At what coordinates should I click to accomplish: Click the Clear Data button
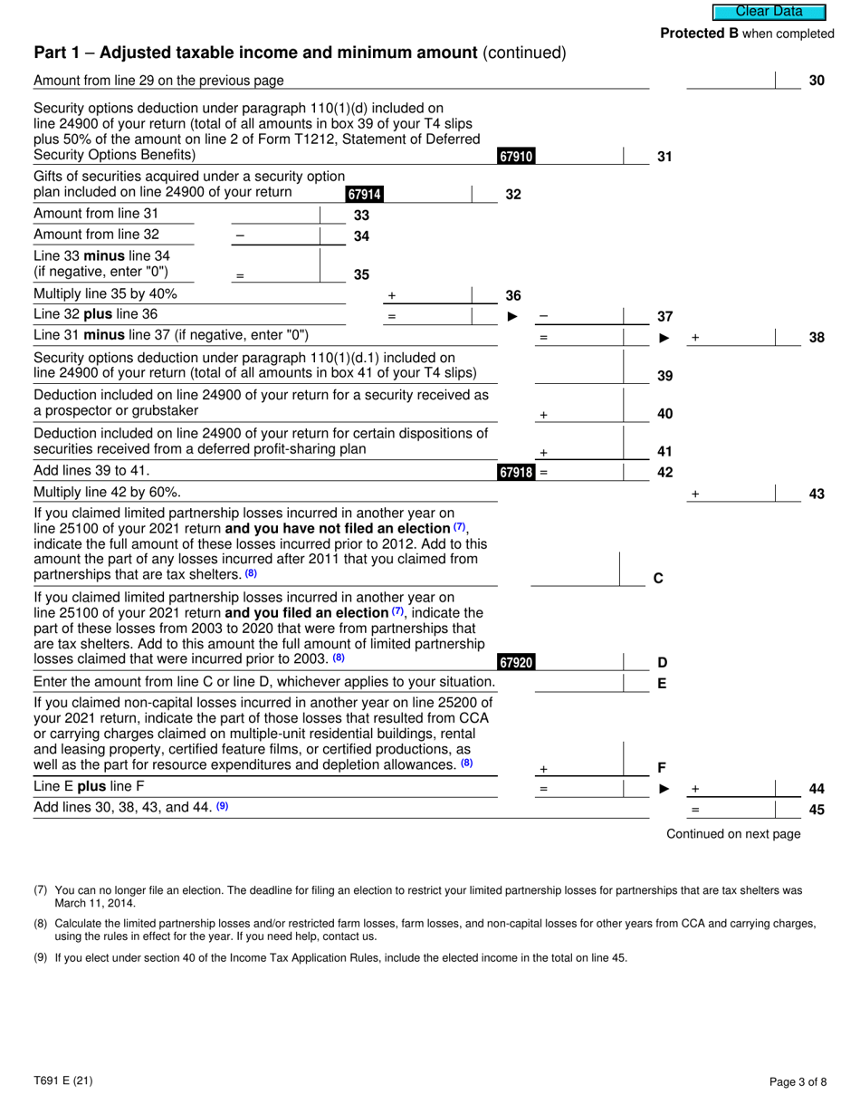pyautogui.click(x=769, y=12)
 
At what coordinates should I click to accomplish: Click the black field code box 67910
pyautogui.click(x=515, y=157)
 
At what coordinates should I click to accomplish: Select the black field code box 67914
pyautogui.click(x=364, y=194)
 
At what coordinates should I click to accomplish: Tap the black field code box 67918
pyautogui.click(x=515, y=472)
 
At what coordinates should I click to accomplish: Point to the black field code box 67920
pyautogui.click(x=515, y=662)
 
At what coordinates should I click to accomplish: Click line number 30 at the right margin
pyautogui.click(x=816, y=82)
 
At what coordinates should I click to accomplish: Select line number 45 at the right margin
pyautogui.click(x=816, y=809)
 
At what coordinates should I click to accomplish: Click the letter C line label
pyautogui.click(x=658, y=578)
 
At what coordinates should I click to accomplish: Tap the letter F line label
pyautogui.click(x=662, y=768)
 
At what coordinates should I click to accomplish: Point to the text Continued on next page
pyautogui.click(x=733, y=834)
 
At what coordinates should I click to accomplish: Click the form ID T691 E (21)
pyautogui.click(x=62, y=1080)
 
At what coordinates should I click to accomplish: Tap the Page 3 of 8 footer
pyautogui.click(x=798, y=1080)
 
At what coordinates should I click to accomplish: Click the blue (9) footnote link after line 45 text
pyautogui.click(x=222, y=805)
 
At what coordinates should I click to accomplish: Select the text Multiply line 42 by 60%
pyautogui.click(x=107, y=493)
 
